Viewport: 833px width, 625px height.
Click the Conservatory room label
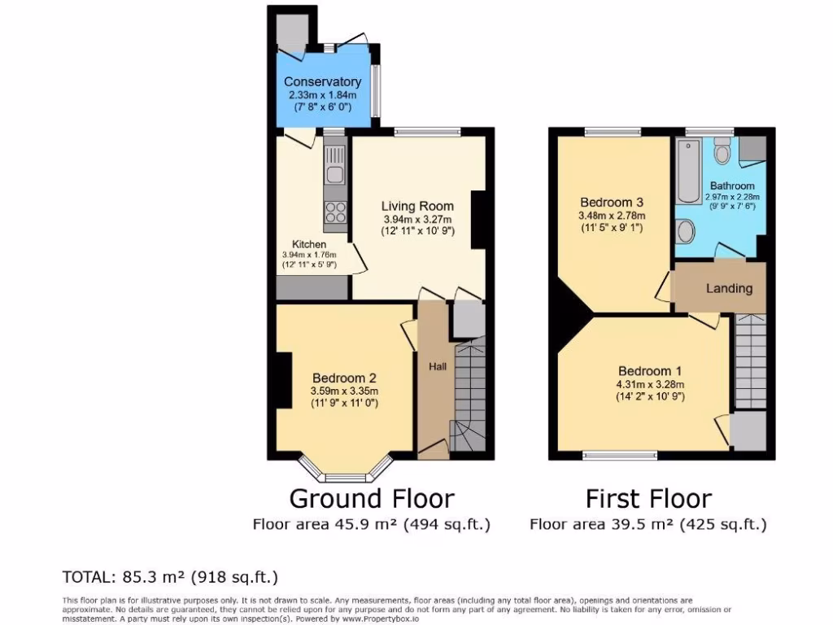pos(322,82)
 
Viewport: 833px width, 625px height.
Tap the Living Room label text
pos(418,206)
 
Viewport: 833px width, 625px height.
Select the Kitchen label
pos(309,244)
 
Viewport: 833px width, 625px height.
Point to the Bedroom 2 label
pos(344,378)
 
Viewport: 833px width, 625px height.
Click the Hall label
pos(438,367)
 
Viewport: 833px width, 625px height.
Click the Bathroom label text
pos(732,186)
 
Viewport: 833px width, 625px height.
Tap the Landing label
pos(729,288)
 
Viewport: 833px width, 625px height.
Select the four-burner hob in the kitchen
pos(335,212)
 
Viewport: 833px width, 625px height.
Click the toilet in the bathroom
pos(722,152)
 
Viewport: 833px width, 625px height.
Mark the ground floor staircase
pos(469,391)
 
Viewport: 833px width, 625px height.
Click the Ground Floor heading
pos(372,498)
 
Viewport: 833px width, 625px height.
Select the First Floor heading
pos(648,498)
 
